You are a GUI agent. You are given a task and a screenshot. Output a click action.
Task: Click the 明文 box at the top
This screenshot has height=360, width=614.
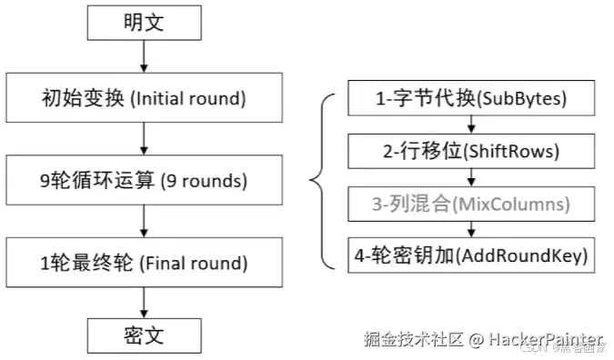[x=143, y=22]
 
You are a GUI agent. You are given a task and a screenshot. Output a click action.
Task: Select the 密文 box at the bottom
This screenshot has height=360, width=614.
[x=143, y=335]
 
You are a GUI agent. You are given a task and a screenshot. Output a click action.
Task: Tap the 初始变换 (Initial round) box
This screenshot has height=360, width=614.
[x=143, y=97]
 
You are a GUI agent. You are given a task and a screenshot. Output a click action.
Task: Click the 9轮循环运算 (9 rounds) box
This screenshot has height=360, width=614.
[x=143, y=180]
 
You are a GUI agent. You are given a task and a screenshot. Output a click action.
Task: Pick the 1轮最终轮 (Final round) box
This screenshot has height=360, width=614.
[x=143, y=264]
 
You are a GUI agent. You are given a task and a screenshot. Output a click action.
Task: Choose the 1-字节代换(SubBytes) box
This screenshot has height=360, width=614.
[x=472, y=98]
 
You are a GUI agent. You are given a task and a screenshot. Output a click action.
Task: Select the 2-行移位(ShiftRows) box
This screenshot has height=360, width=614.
[x=472, y=150]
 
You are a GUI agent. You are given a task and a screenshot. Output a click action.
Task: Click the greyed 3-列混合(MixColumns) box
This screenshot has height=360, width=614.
[x=472, y=202]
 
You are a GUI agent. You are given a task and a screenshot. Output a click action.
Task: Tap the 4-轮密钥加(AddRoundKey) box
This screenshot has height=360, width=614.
[x=472, y=254]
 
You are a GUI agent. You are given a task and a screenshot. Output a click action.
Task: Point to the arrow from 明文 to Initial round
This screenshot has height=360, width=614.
[x=143, y=57]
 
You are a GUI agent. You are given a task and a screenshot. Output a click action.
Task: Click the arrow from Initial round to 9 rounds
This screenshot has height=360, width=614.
[x=143, y=139]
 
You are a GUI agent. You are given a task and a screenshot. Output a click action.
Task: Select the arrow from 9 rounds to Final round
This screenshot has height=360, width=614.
[x=143, y=222]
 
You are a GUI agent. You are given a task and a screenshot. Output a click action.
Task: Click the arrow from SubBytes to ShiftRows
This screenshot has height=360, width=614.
[x=472, y=125]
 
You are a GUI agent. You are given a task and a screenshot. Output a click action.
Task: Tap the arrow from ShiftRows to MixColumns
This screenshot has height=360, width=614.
[x=472, y=176]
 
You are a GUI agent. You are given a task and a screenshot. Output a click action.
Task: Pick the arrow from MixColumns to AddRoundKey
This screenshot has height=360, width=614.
[x=472, y=228]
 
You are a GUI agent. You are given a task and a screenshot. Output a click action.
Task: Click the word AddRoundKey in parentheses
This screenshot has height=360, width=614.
[x=530, y=254]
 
